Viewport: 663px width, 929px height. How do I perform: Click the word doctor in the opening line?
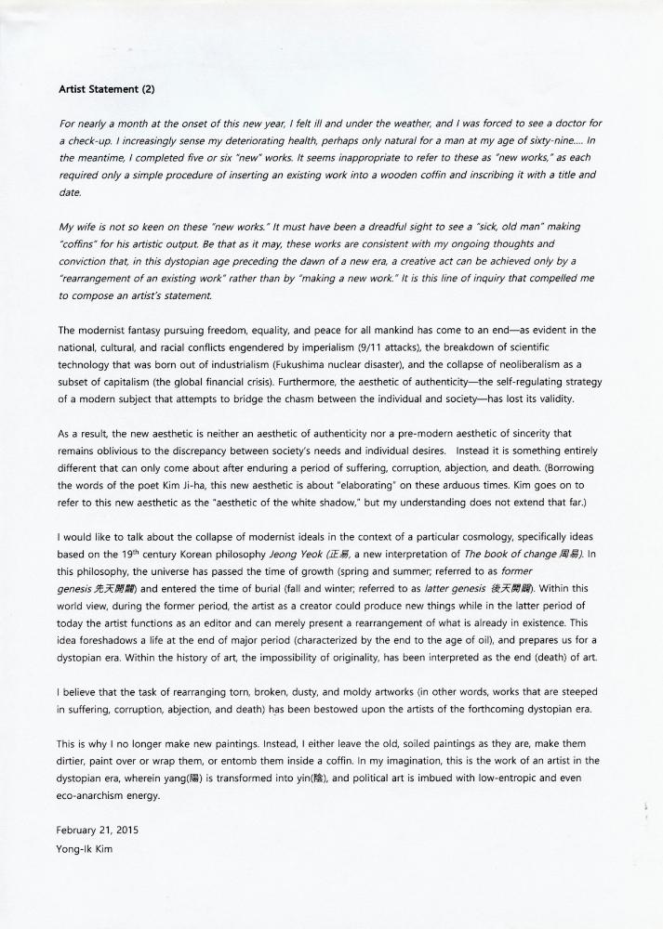click(x=571, y=124)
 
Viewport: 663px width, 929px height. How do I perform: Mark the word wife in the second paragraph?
click(x=88, y=227)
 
